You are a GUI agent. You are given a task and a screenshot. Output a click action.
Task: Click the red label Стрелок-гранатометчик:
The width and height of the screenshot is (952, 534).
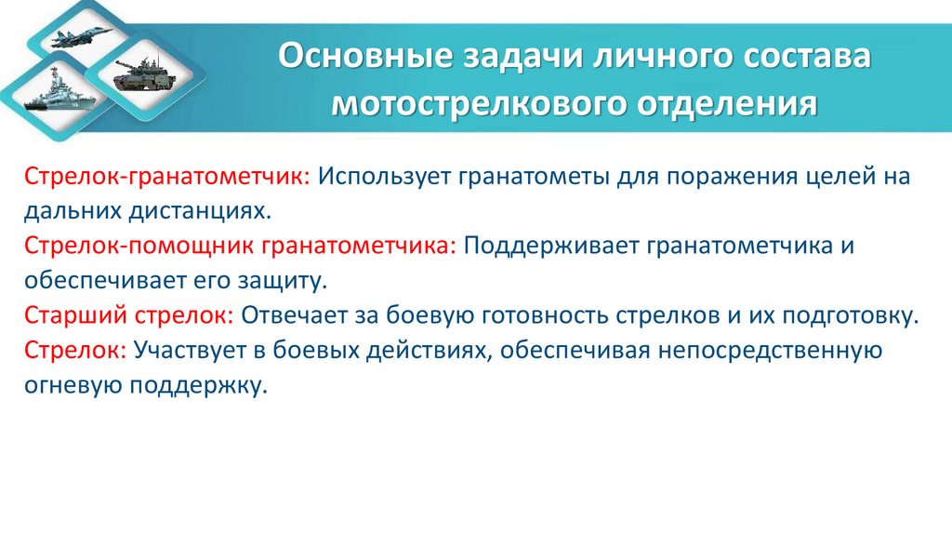coord(170,176)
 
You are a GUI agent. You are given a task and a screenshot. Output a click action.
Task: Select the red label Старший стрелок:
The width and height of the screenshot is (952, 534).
coord(129,314)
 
